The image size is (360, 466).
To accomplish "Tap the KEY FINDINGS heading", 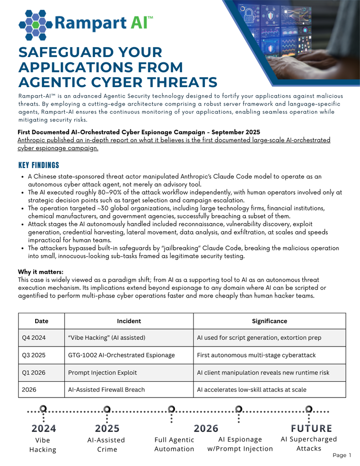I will [39, 165].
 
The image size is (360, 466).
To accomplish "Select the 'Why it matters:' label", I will [40, 272].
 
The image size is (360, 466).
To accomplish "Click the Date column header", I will [41, 321].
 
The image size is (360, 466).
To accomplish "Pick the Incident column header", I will [128, 321].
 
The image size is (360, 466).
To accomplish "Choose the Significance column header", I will [269, 321].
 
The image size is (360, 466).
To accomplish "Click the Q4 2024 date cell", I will [34, 337].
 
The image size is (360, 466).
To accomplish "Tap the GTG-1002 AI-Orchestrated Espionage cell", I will [121, 355].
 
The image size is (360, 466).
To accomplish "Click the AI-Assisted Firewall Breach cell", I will [107, 389].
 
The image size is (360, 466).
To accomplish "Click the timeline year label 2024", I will [43, 428].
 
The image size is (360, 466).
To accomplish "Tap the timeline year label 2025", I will [107, 428].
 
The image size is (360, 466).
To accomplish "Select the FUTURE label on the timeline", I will [311, 428].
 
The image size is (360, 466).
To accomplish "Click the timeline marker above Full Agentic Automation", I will [172, 409].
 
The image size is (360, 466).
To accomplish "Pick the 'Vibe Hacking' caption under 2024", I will [43, 445].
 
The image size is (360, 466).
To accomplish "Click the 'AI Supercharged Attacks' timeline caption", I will [309, 444].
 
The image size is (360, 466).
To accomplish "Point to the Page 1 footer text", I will [342, 456].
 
